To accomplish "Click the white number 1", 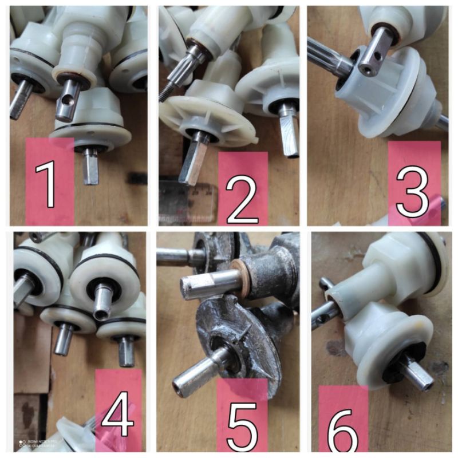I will [x=49, y=184].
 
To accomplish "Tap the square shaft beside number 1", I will [x=90, y=167].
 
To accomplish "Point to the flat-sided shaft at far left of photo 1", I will [x=21, y=102].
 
